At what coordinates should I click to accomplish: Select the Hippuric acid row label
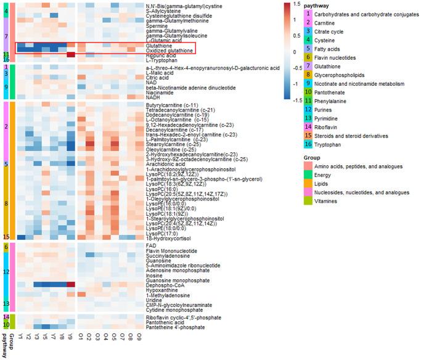pyautogui.click(x=162, y=55)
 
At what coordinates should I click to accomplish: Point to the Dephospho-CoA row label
pyautogui.click(x=165, y=285)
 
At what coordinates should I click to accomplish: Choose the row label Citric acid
pyautogui.click(x=158, y=78)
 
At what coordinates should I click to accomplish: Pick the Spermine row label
pyautogui.click(x=157, y=27)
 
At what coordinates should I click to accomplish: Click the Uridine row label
pyautogui.click(x=154, y=300)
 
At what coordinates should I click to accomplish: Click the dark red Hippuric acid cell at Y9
pyautogui.click(x=70, y=55)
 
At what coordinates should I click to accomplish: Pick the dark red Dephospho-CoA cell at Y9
pyautogui.click(x=70, y=285)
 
